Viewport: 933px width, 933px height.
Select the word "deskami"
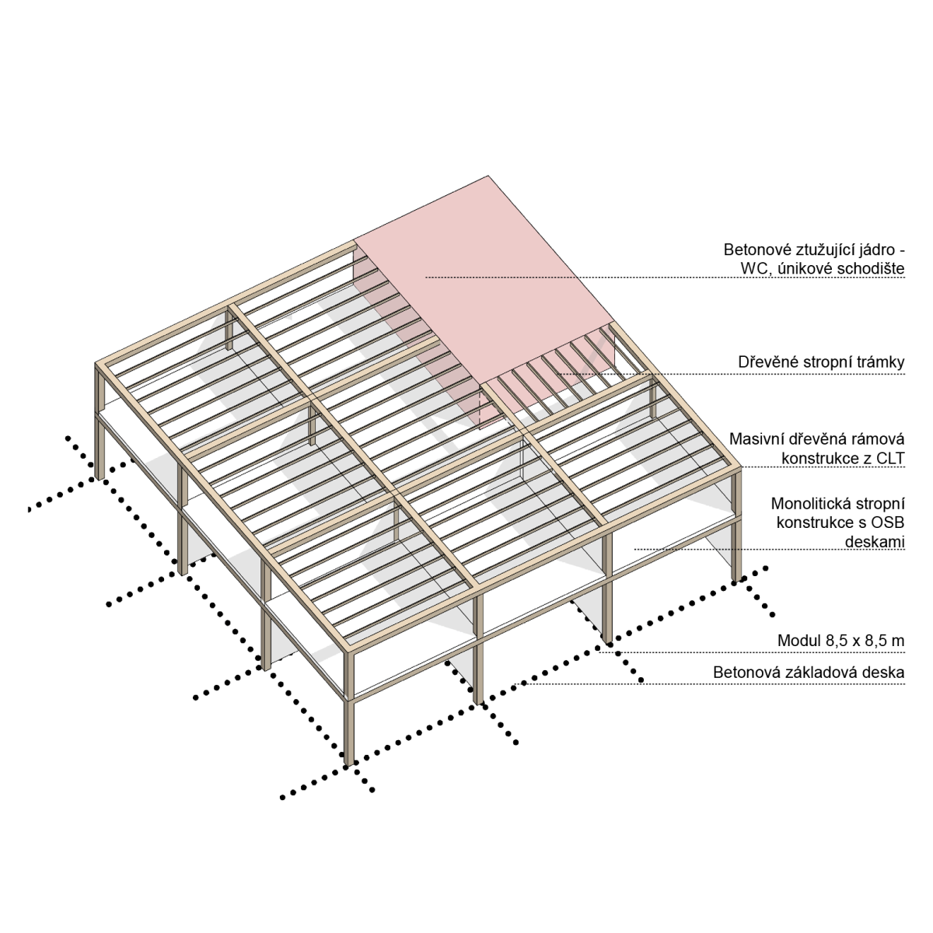coord(875,542)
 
